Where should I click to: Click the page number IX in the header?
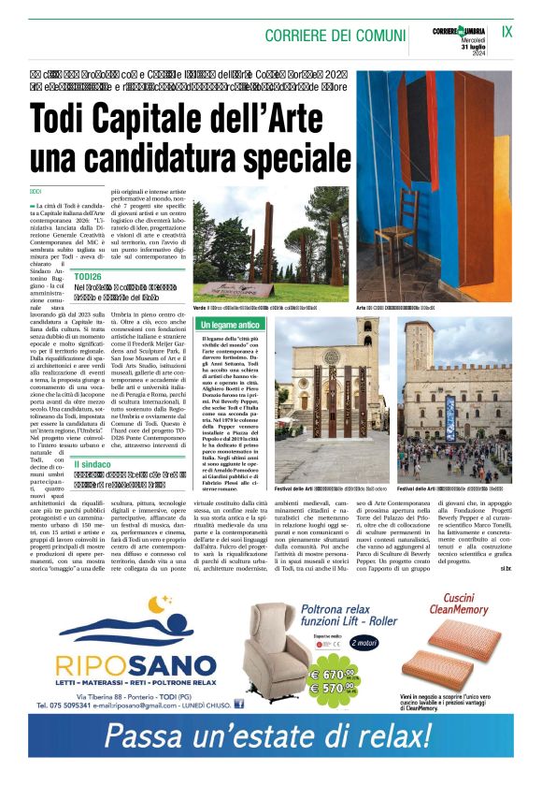507,31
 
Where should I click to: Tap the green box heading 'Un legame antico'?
230,325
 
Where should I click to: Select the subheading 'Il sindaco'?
93,464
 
